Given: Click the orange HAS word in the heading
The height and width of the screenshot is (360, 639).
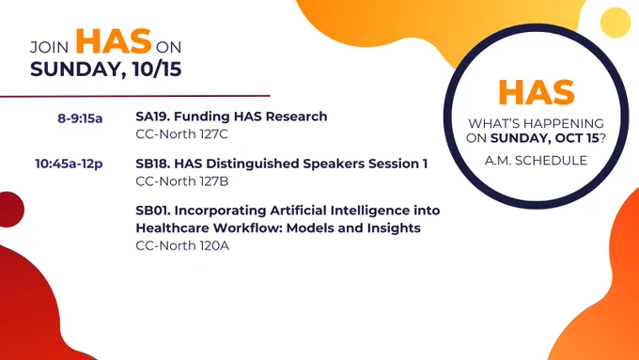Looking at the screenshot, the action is point(114,41).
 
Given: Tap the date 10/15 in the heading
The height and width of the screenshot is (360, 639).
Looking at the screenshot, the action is point(157,69).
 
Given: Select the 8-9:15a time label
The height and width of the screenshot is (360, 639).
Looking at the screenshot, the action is point(80,118).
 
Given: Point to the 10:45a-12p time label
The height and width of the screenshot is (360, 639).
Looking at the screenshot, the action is point(69,164).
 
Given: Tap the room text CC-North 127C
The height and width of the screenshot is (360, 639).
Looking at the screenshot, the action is point(181,134).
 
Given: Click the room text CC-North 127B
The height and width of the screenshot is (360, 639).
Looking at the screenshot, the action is point(181,181).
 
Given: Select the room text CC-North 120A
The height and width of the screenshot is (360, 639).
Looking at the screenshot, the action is point(182,245).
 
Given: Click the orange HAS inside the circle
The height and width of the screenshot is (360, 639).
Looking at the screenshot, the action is point(537,92).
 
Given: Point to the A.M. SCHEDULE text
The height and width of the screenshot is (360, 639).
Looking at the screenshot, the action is point(536,160).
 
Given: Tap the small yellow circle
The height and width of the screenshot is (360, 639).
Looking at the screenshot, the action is point(616,23).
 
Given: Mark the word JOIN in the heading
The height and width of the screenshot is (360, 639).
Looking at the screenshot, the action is point(49,47).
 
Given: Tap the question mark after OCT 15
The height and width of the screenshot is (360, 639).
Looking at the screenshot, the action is point(602,138).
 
